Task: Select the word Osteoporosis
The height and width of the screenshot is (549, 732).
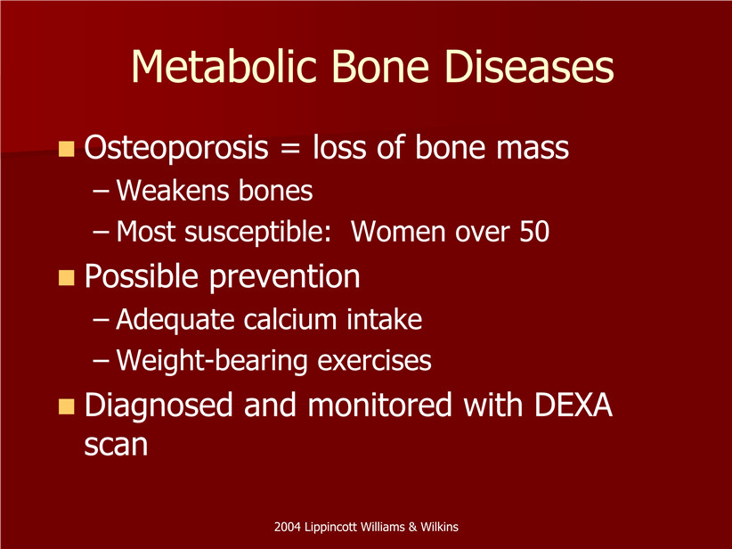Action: [176, 148]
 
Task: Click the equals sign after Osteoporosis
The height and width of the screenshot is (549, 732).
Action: [290, 149]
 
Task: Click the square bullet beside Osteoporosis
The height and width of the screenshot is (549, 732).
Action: [66, 149]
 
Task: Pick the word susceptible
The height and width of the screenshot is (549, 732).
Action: [257, 233]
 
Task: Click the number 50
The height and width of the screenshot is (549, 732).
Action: [534, 232]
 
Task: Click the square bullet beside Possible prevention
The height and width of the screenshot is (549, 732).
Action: [66, 277]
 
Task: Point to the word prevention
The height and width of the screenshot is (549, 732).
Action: [284, 277]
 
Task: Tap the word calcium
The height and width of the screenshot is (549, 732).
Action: [290, 320]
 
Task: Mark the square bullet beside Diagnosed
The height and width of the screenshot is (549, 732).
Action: [66, 406]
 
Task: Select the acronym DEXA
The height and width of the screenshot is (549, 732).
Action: [573, 405]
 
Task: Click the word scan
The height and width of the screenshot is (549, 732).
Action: [117, 445]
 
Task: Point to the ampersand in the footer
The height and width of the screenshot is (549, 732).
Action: [412, 528]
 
